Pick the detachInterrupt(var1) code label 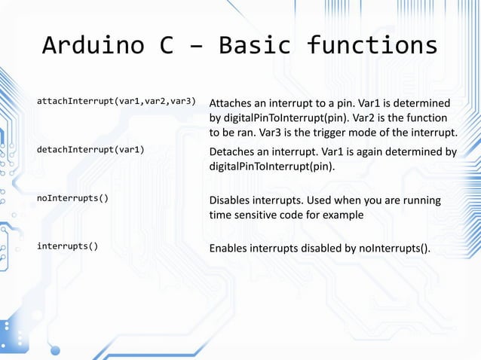pos(90,149)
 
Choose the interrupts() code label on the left pos(66,246)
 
